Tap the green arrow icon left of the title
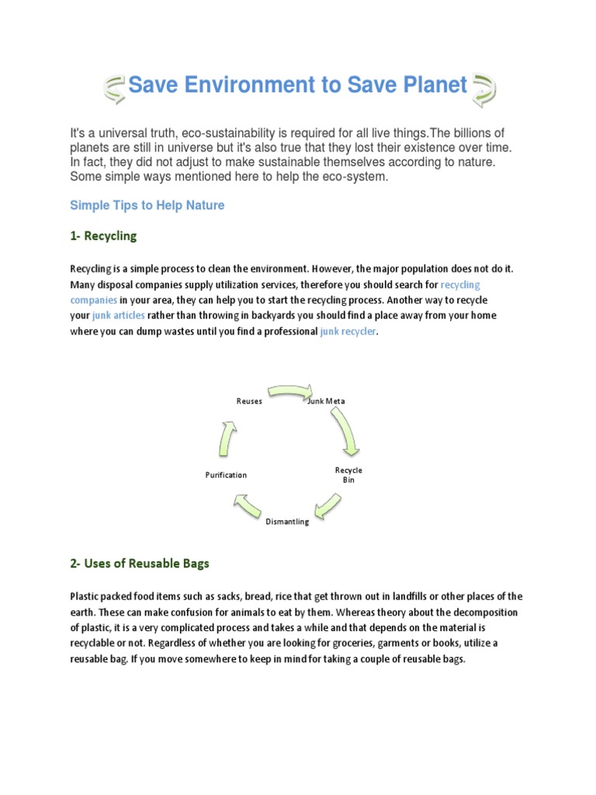(x=114, y=89)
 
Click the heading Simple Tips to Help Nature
(x=147, y=205)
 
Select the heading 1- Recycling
(x=103, y=235)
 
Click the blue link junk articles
(x=119, y=316)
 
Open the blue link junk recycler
(x=348, y=332)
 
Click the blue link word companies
(x=94, y=300)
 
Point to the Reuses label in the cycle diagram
(x=249, y=401)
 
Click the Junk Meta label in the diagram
(x=326, y=401)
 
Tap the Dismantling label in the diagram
(x=287, y=522)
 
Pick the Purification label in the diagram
(x=226, y=475)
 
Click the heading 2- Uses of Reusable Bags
(x=140, y=564)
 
